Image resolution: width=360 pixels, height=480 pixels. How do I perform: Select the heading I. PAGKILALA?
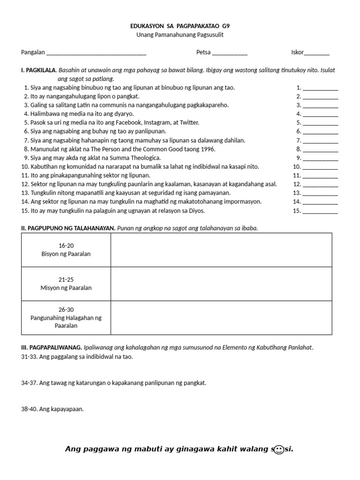tap(38, 70)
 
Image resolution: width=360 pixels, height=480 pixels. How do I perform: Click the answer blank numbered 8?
tap(321, 150)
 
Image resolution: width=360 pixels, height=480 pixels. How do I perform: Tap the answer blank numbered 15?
tap(321, 211)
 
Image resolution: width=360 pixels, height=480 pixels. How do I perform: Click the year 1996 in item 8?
tap(207, 149)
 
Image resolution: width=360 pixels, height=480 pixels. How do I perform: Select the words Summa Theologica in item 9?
tap(135, 158)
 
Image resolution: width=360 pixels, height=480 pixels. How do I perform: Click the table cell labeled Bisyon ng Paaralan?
tap(66, 250)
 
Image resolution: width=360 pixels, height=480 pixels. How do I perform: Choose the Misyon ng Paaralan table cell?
tap(66, 284)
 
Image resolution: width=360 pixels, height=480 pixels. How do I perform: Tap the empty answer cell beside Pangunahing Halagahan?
tap(221, 318)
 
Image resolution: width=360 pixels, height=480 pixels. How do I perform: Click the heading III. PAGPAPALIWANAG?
tap(52, 348)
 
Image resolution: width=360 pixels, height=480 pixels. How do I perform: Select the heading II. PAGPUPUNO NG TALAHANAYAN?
tap(68, 228)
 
